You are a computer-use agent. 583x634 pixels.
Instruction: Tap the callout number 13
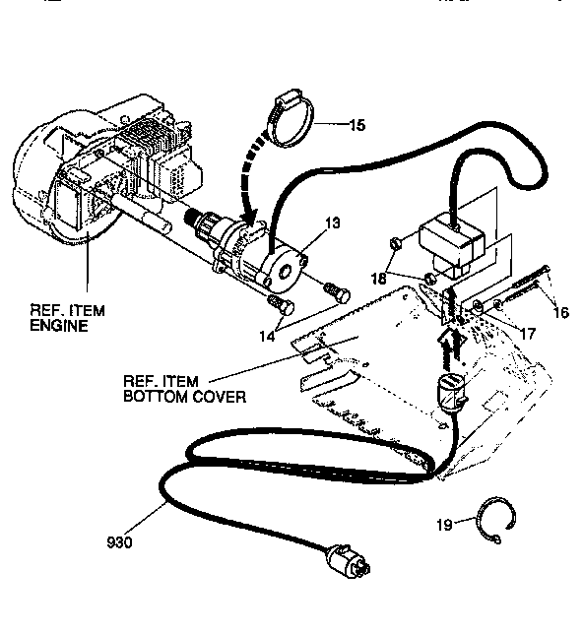pyautogui.click(x=333, y=224)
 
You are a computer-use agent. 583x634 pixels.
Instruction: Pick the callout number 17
pyautogui.click(x=526, y=334)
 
